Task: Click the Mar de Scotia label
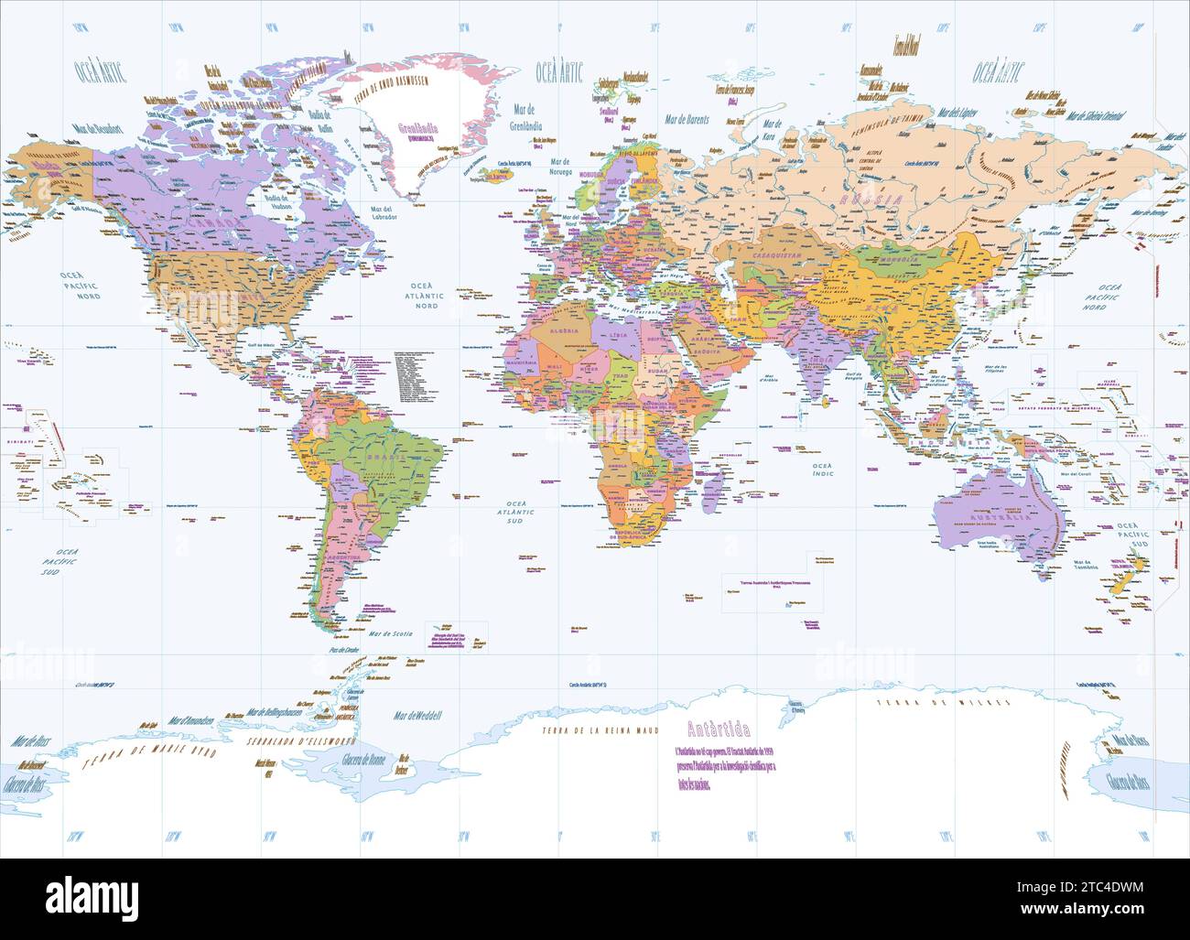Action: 390,633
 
